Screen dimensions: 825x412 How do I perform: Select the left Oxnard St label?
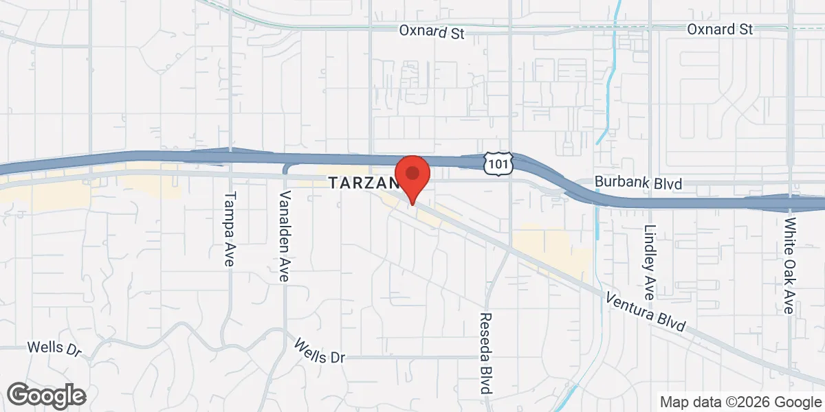[x=432, y=32]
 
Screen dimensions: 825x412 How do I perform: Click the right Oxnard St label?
[x=720, y=30]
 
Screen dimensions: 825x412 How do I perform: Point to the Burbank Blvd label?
[x=639, y=184]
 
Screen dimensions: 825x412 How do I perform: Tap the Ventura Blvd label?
[x=646, y=312]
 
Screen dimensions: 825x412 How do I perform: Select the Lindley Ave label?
[x=650, y=262]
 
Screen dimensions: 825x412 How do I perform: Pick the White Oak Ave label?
[x=791, y=266]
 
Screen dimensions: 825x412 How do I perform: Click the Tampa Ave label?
[x=230, y=228]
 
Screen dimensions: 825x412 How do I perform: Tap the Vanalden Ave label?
[x=285, y=237]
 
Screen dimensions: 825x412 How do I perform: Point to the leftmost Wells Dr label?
[x=54, y=348]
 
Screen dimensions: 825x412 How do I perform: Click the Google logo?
[x=47, y=396]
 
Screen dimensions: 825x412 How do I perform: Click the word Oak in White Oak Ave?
[x=791, y=264]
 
